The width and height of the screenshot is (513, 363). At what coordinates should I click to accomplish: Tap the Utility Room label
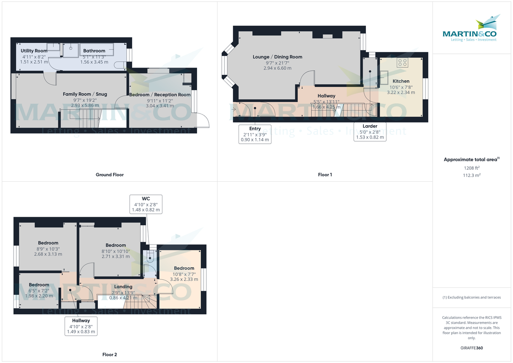pos(34,51)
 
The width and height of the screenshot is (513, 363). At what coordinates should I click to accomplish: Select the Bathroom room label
pos(94,51)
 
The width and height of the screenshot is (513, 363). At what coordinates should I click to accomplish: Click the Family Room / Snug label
pos(85,94)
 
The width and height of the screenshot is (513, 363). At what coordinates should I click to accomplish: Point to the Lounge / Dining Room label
pos(277,57)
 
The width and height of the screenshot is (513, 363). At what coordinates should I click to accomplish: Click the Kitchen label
pos(401,81)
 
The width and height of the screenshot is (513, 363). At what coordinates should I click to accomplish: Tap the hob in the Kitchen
pos(402,63)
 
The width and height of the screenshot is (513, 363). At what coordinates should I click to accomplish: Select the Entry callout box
pos(255,134)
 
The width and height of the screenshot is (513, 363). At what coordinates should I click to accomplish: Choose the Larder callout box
pos(370,132)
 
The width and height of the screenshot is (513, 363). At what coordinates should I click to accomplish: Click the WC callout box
pos(146,204)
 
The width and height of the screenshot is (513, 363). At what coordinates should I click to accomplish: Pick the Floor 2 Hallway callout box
pos(81,326)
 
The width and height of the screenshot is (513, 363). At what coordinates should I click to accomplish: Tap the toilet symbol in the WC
pos(150,258)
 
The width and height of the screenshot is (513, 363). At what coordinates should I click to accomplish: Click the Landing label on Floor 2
pos(123,286)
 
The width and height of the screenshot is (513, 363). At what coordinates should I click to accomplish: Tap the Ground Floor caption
pos(109,174)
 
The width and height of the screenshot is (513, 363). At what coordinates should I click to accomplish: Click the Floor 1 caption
pos(324,174)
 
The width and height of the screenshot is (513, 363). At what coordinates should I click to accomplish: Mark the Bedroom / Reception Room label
pos(159,94)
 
